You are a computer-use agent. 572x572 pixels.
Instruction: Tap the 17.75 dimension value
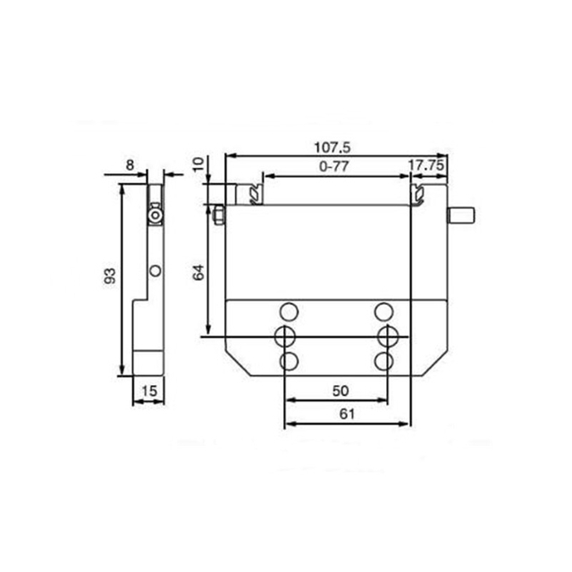(x=426, y=165)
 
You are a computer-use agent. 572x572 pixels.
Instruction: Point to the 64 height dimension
(x=199, y=273)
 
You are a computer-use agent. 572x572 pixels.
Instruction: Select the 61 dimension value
(x=348, y=414)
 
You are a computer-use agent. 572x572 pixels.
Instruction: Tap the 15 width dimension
(x=148, y=390)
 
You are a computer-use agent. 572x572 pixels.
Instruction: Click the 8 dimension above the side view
(x=130, y=164)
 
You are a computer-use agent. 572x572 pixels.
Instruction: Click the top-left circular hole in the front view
(x=288, y=311)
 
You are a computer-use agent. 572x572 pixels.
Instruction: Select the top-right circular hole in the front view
(x=385, y=311)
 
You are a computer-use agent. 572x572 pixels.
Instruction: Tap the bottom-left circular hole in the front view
(x=288, y=360)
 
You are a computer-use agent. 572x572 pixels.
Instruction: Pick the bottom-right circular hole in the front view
(x=385, y=360)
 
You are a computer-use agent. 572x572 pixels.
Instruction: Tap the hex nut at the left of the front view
(x=218, y=215)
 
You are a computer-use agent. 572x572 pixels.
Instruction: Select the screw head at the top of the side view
(x=156, y=216)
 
